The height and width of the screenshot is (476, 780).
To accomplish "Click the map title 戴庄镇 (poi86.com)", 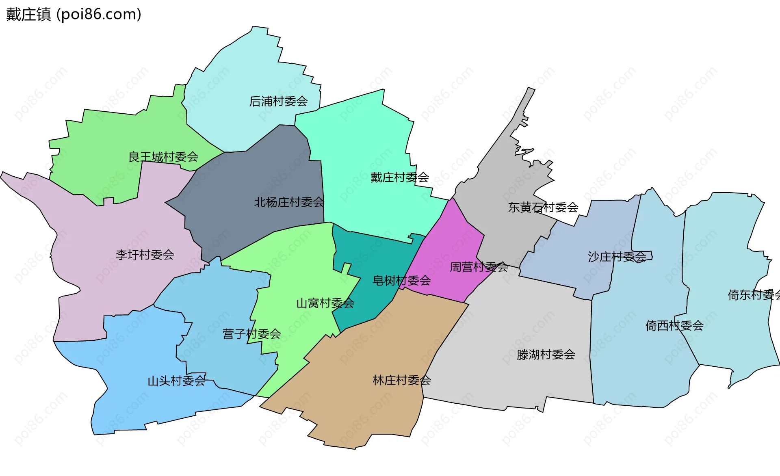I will [74, 14].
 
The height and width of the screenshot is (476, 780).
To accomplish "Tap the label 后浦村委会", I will [278, 101].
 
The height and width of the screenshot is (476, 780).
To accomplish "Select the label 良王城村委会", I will [163, 157].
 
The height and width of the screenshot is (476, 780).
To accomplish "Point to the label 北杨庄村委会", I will [289, 202].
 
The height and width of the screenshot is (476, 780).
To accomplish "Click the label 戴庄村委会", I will [400, 177].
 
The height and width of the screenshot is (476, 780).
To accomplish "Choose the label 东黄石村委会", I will [543, 207].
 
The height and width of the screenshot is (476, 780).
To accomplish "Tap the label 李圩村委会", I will [145, 255].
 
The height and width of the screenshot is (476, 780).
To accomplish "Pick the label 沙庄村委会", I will [617, 257].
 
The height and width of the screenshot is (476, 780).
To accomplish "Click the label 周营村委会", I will [479, 267].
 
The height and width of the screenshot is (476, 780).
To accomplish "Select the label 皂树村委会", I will [401, 280].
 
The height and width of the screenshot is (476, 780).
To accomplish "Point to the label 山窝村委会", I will [325, 303].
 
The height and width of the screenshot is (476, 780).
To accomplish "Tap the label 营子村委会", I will [251, 334].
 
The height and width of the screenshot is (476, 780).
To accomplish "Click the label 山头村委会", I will [176, 381].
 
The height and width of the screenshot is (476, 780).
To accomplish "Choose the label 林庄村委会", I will [401, 380].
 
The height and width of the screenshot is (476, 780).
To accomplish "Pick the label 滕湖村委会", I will [546, 355].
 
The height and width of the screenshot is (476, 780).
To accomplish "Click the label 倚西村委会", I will [674, 325].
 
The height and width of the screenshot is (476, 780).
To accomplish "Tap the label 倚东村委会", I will [754, 294].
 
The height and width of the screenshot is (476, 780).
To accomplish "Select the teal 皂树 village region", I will [374, 256].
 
